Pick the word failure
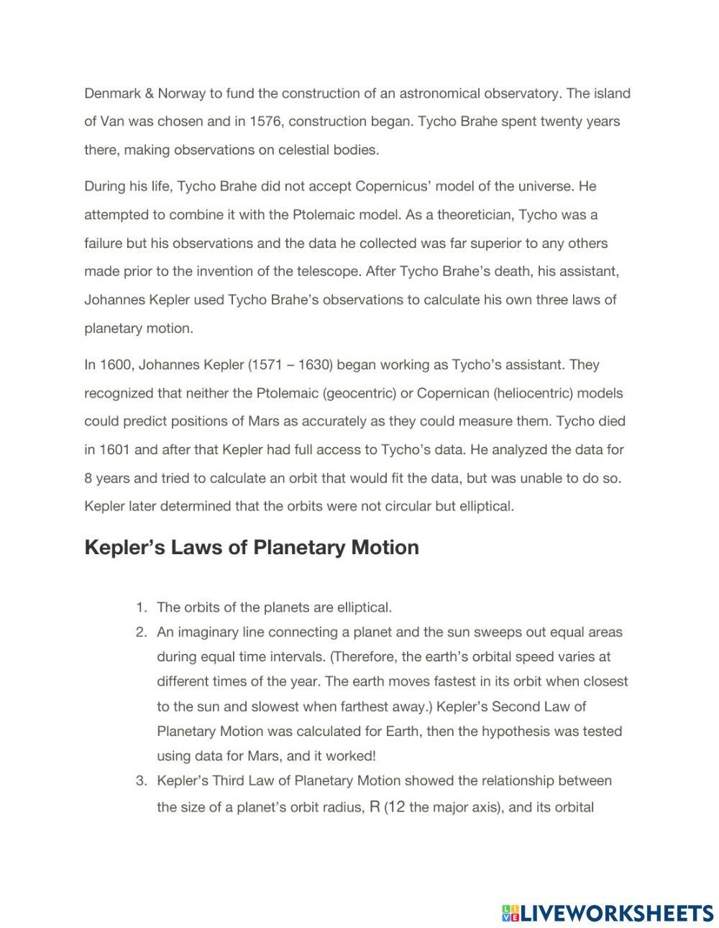pos(104,244)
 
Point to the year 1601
pos(114,450)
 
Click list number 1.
pos(142,607)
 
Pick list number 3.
pos(142,781)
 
